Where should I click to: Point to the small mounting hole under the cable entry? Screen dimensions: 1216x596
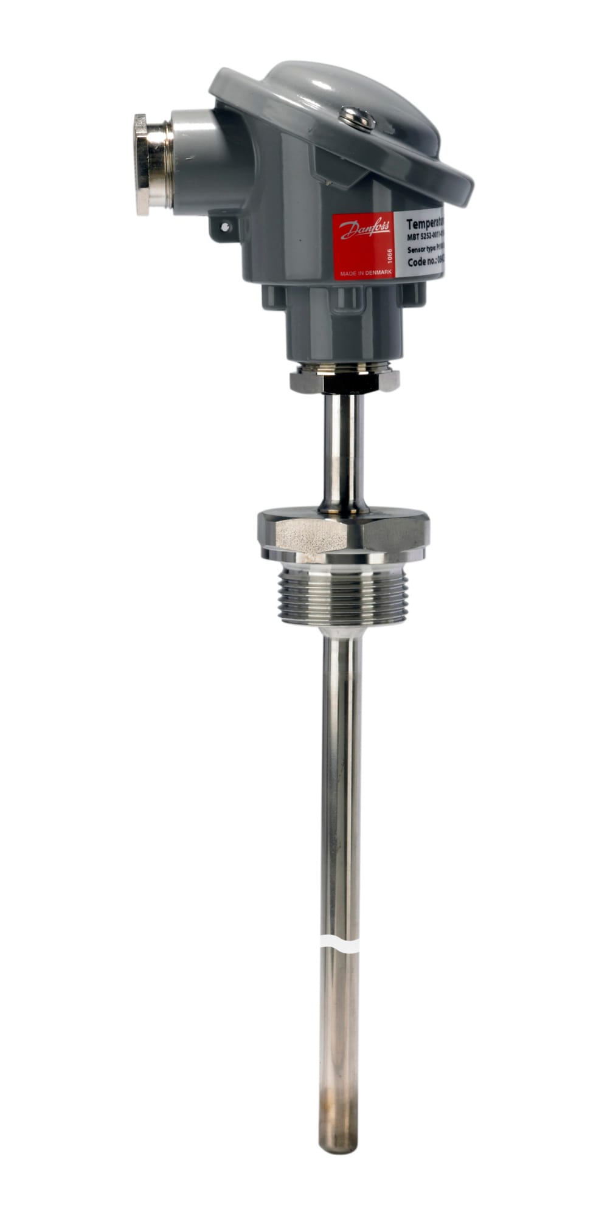pyautogui.click(x=226, y=227)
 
